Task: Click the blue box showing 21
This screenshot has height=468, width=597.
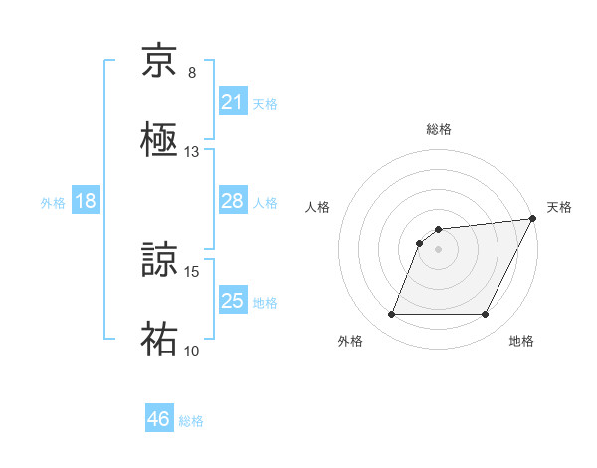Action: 232,102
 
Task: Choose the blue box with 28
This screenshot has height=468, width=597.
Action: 232,201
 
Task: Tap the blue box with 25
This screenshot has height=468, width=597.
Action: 232,301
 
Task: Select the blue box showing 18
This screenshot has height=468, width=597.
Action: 86,201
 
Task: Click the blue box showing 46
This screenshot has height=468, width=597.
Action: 158,419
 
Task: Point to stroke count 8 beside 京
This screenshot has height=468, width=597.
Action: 192,73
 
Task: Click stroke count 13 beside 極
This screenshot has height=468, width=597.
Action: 192,152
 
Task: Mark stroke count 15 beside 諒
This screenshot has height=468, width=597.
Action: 192,271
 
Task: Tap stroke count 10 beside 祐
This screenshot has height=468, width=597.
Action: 192,351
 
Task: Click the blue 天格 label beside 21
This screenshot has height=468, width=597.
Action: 264,103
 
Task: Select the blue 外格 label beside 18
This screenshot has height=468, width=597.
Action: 53,202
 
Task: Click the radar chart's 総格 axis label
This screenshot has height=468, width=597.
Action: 438,129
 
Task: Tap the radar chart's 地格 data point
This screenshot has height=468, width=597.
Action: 485,315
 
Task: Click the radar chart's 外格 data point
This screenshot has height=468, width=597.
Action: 391,315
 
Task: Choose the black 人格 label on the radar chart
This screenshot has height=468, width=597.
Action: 317,207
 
